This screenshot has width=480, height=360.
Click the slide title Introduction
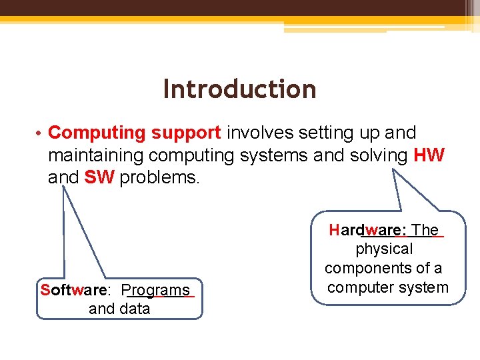(239, 89)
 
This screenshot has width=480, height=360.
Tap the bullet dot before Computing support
(40, 133)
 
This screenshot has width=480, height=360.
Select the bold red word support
(186, 133)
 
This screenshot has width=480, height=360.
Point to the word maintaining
(97, 155)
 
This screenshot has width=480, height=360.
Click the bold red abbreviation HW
(429, 155)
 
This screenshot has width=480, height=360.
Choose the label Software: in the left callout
(75, 291)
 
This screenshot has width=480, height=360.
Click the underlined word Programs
(159, 291)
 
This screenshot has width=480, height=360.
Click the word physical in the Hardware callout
(384, 249)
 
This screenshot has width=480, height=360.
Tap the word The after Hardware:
(426, 231)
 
